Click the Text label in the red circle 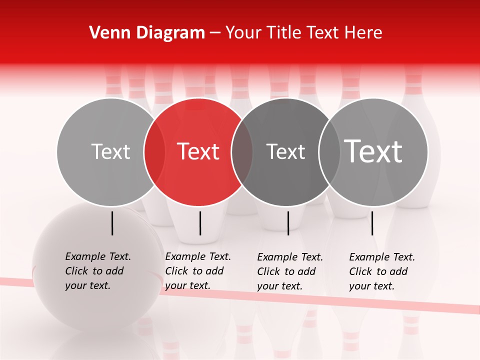pyautogui.click(x=198, y=151)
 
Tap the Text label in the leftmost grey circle pyautogui.click(x=110, y=151)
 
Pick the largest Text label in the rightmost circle pyautogui.click(x=373, y=151)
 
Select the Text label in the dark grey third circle pyautogui.click(x=286, y=151)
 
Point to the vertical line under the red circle pyautogui.click(x=200, y=223)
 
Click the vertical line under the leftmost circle pyautogui.click(x=112, y=223)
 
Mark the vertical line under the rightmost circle pyautogui.click(x=372, y=223)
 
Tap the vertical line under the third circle pyautogui.click(x=288, y=223)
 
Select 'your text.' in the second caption pyautogui.click(x=187, y=285)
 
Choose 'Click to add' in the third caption pyautogui.click(x=286, y=271)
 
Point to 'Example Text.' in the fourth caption pyautogui.click(x=382, y=257)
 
